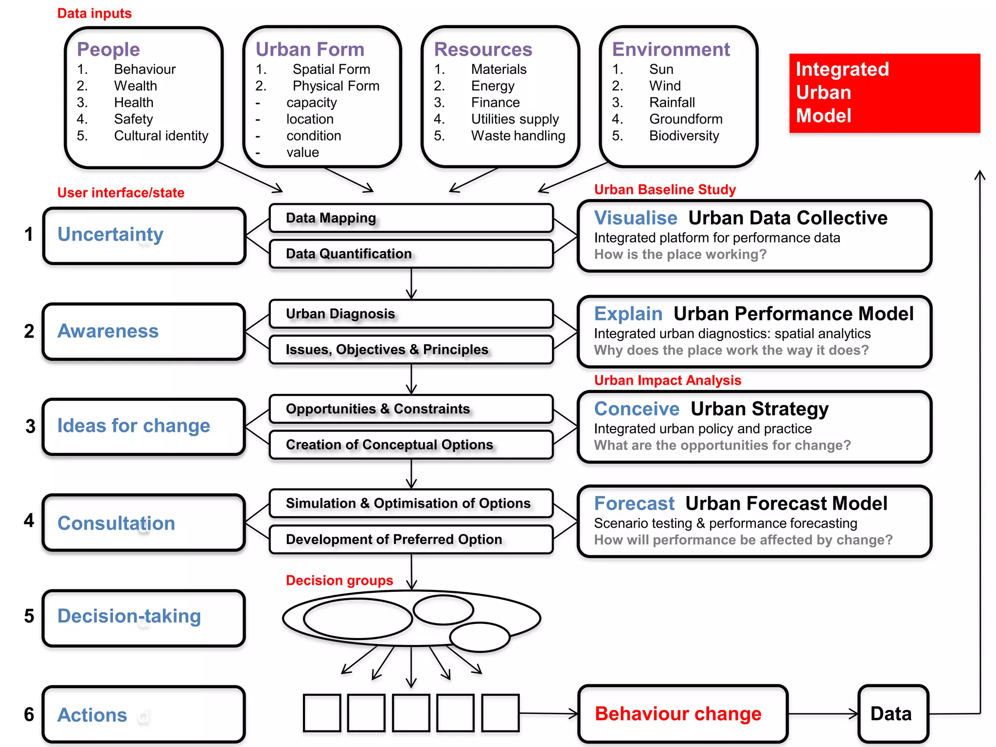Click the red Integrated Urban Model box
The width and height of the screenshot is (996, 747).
(884, 93)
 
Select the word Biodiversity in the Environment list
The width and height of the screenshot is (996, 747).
(683, 136)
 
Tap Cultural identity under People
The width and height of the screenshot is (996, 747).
(160, 136)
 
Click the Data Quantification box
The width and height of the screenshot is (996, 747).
(411, 254)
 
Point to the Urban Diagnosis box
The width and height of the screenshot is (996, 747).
(411, 314)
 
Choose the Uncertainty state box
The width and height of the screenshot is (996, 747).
(143, 236)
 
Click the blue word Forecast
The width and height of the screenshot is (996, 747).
(634, 503)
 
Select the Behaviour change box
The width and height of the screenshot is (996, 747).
(682, 714)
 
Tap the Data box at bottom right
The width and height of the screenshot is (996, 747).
(892, 714)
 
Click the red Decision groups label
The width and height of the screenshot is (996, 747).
(339, 580)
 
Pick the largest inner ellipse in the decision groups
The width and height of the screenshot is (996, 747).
(357, 619)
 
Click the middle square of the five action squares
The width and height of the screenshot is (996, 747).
(411, 713)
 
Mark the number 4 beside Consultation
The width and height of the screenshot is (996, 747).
(29, 521)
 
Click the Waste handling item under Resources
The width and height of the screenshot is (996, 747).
(517, 136)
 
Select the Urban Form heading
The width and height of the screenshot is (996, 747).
(310, 50)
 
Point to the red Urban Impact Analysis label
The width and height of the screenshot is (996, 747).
(667, 380)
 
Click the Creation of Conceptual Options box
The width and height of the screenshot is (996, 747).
(411, 445)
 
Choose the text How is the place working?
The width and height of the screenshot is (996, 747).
(680, 254)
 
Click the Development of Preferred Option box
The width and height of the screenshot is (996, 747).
(411, 539)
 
